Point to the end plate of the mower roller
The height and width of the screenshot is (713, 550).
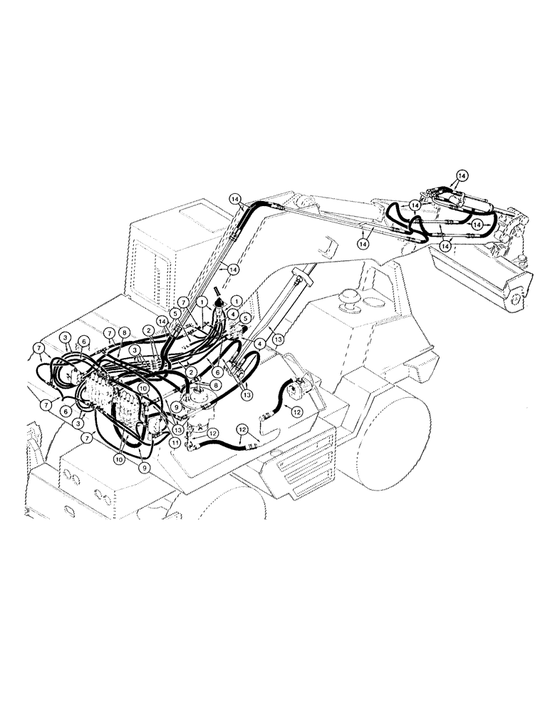519,292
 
